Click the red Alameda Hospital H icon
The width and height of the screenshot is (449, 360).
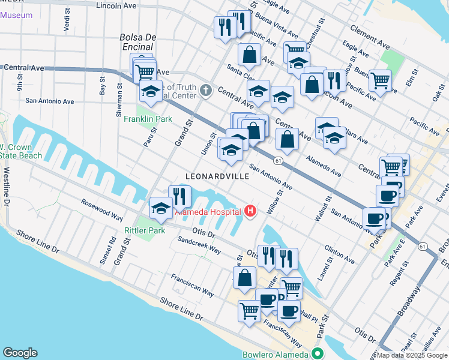(250, 211)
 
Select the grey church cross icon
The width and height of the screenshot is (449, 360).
(206, 91)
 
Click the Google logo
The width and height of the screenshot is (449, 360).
(20, 353)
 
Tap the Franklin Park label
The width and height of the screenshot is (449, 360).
(148, 119)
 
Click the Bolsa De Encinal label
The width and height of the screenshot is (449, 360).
(138, 41)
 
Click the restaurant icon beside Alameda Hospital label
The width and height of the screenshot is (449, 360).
(179, 195)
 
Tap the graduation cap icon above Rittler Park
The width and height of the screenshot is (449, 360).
(160, 207)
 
